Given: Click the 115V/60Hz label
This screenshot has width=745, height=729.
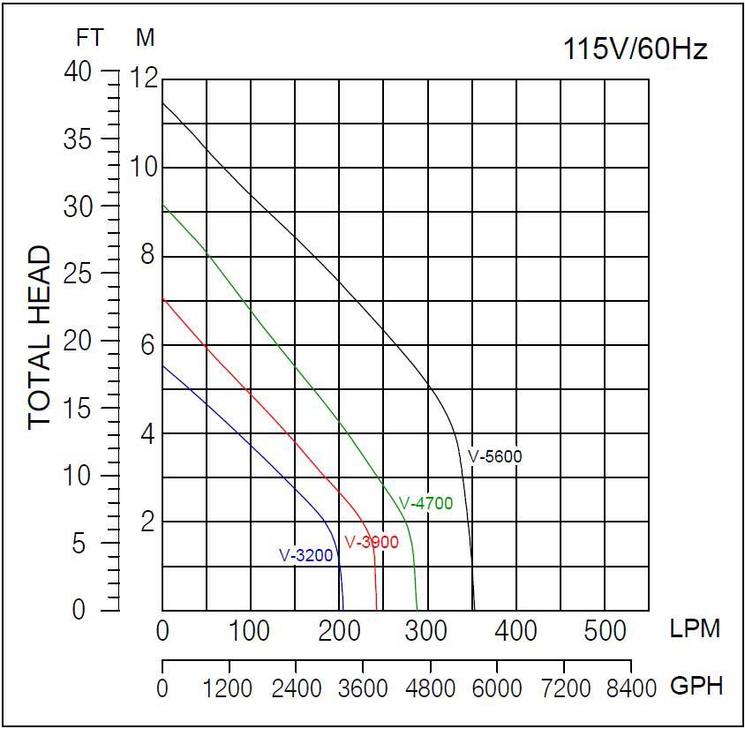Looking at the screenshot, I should (x=635, y=49).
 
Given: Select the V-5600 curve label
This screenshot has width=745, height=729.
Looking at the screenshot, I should (x=495, y=457).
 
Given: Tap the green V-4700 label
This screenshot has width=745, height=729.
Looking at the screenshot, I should (x=425, y=504).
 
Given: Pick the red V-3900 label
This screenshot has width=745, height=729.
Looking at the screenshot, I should (x=372, y=542).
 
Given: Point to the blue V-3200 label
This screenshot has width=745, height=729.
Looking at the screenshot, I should (x=306, y=555).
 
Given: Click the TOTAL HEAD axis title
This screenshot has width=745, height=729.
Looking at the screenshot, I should (x=41, y=338).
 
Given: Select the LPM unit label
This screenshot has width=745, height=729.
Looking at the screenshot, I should (x=695, y=629).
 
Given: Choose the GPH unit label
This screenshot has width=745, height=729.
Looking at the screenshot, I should (x=696, y=686).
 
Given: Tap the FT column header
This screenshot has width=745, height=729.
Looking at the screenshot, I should (x=89, y=38).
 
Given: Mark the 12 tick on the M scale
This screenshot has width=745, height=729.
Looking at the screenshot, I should (x=145, y=79).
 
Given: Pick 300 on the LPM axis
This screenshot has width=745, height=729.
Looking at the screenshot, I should (x=428, y=631).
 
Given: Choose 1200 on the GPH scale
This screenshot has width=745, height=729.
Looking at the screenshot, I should (x=230, y=688).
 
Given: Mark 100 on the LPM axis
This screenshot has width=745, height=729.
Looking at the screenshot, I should (x=251, y=631).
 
